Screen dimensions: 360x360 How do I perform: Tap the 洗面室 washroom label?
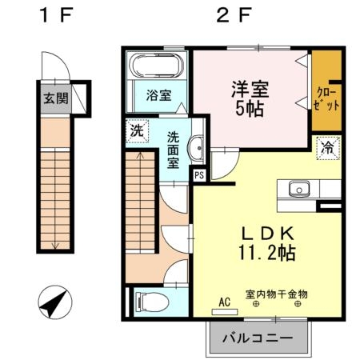point(172,149)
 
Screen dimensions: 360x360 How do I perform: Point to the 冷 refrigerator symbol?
point(326,147)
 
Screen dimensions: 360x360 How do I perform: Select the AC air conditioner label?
point(226,303)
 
